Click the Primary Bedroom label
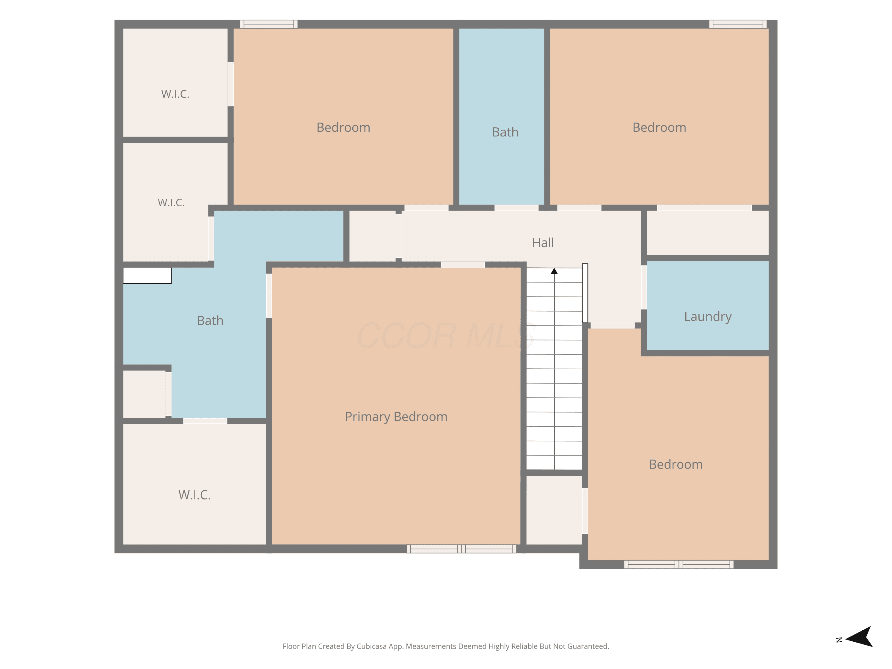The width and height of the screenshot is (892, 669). (x=396, y=417)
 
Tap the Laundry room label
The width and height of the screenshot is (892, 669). (x=708, y=317)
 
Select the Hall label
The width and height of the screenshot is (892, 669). (x=543, y=242)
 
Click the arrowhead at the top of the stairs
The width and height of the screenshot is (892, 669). (x=554, y=271)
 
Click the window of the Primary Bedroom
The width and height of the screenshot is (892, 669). (x=461, y=548)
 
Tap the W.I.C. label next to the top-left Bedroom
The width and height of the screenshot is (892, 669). (x=175, y=94)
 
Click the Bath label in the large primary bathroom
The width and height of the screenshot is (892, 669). (x=210, y=320)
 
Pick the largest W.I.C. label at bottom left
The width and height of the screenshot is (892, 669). (x=194, y=495)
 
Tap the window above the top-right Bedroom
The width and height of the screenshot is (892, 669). (x=738, y=24)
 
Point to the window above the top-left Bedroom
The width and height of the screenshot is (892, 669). (x=268, y=24)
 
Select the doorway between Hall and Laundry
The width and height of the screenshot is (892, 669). (x=644, y=287)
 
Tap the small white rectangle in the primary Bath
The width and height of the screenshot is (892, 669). (x=147, y=275)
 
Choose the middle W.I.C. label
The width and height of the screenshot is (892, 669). (x=171, y=202)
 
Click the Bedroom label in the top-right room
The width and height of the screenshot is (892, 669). (x=659, y=128)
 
